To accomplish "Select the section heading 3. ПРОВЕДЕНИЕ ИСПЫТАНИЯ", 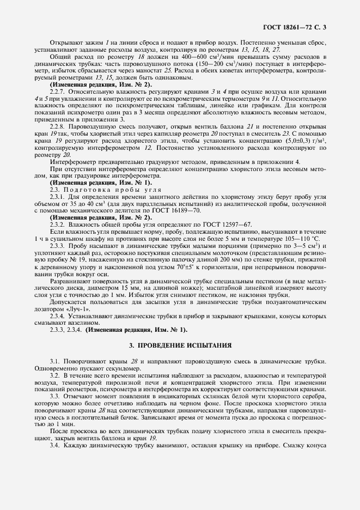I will (180, 345).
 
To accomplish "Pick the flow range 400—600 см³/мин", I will (163, 56).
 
